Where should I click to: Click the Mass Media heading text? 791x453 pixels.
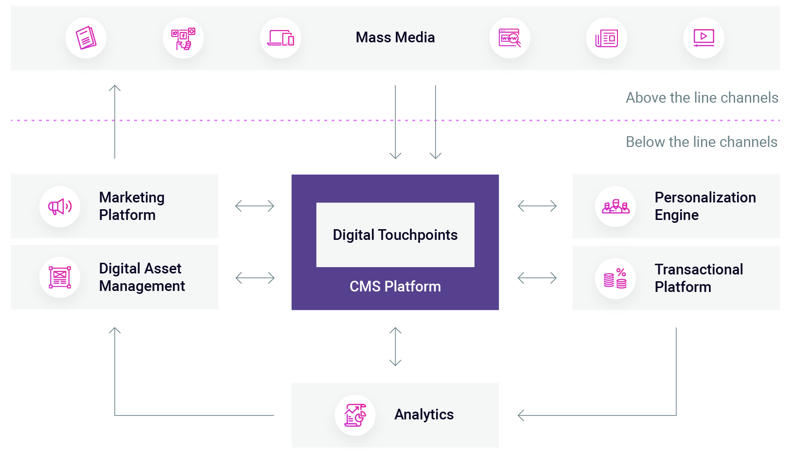(x=395, y=37)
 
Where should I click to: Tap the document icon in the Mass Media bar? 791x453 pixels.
(x=86, y=38)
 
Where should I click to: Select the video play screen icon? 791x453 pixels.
(x=703, y=38)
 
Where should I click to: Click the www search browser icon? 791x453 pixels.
(x=510, y=38)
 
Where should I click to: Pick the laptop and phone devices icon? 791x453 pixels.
(x=281, y=38)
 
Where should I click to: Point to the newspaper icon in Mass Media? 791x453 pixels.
(x=606, y=38)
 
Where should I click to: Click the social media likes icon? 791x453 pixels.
(x=183, y=38)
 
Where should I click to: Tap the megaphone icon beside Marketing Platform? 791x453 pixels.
(x=60, y=206)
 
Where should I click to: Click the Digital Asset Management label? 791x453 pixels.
(x=141, y=277)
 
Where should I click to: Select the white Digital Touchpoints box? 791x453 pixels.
(x=395, y=235)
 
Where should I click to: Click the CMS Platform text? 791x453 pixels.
(x=395, y=287)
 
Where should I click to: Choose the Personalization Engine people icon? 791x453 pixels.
(x=615, y=206)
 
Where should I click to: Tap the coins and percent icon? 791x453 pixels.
(x=615, y=278)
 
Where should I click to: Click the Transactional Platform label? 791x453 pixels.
(x=698, y=278)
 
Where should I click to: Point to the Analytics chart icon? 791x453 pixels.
(x=355, y=415)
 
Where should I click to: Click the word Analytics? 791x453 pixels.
(x=423, y=415)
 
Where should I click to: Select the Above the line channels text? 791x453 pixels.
(x=702, y=98)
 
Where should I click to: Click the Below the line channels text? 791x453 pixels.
(x=701, y=142)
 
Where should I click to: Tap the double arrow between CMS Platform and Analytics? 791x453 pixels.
(x=395, y=346)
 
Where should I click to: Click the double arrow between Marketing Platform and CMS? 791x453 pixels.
(x=255, y=206)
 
